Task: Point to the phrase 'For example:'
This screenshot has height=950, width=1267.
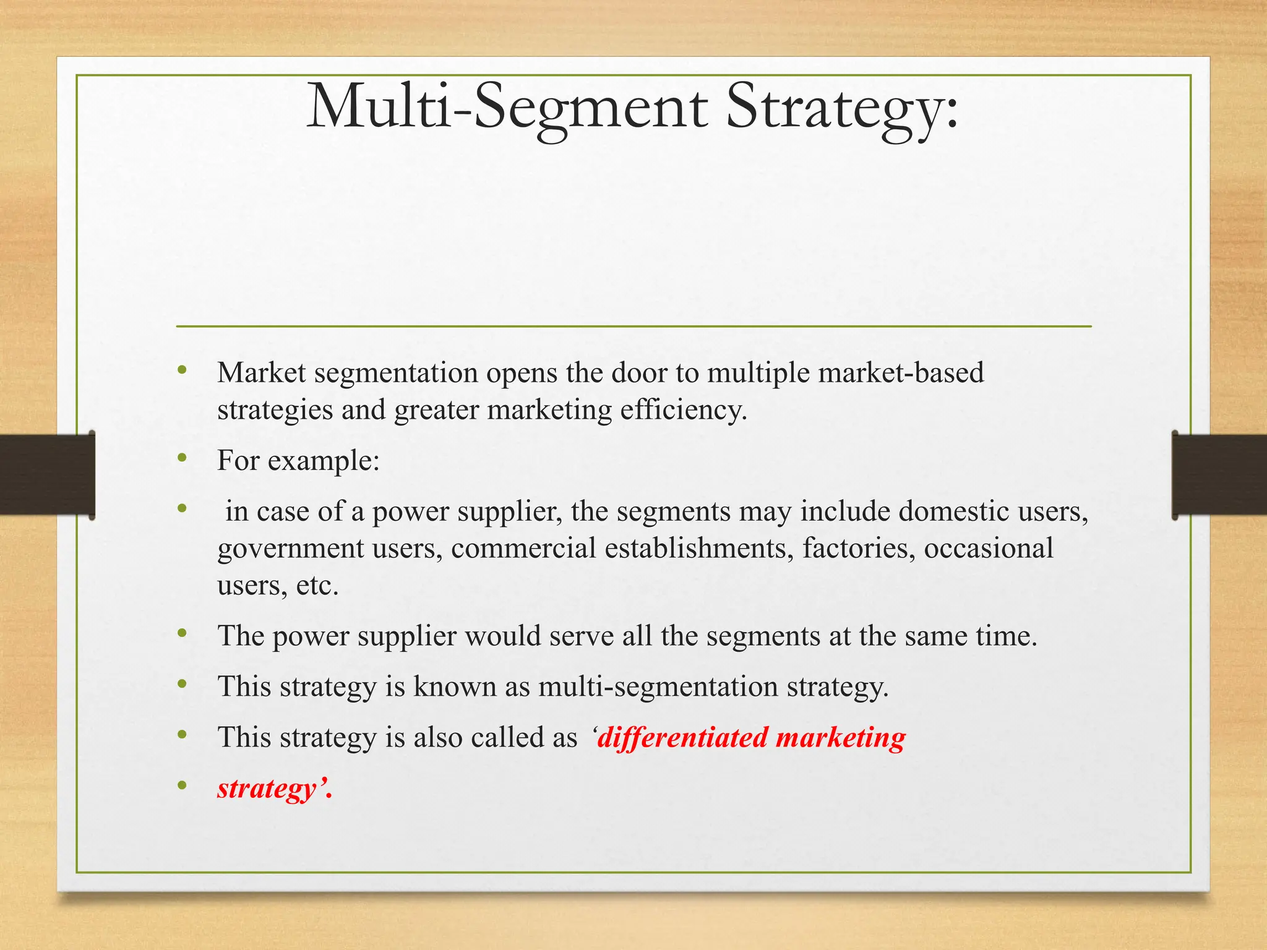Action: [298, 461]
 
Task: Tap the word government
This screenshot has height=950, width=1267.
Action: [290, 549]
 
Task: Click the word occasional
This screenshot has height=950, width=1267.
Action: [989, 549]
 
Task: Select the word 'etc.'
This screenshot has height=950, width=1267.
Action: [317, 586]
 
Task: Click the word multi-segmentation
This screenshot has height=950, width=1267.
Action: [658, 687]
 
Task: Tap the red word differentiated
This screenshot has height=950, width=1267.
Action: [682, 738]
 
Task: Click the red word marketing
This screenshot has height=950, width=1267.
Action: [840, 738]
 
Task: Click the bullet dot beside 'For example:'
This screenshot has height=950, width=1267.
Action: [182, 458]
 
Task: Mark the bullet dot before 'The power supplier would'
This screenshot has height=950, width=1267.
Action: [182, 633]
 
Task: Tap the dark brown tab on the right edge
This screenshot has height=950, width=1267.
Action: [1219, 474]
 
